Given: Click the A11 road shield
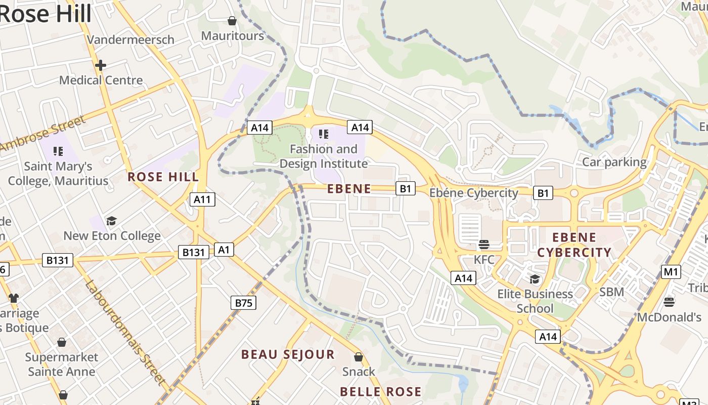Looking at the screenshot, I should (202, 199).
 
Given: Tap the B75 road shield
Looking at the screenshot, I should (243, 303).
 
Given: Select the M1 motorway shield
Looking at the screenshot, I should (671, 272).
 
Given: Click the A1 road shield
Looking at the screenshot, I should (224, 249).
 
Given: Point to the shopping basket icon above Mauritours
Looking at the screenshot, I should (232, 21).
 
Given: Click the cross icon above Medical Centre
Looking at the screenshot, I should (101, 65).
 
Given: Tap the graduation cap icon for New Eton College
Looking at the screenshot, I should (111, 221).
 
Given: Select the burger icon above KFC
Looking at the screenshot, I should (484, 245).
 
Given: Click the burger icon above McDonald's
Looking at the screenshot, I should (669, 302).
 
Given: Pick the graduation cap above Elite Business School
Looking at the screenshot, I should (535, 279).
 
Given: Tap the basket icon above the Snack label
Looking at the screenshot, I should (359, 357).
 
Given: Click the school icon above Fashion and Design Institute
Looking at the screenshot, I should (324, 134).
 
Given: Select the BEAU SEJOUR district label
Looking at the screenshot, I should (288, 354).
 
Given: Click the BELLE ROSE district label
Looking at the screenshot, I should (380, 391).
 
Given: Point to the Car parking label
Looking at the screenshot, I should (614, 162).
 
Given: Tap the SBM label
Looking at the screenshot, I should (611, 292).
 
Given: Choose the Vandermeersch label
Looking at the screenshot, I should (130, 39).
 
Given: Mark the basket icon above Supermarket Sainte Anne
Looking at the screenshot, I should (62, 343).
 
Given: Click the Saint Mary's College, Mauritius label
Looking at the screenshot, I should (58, 173).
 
